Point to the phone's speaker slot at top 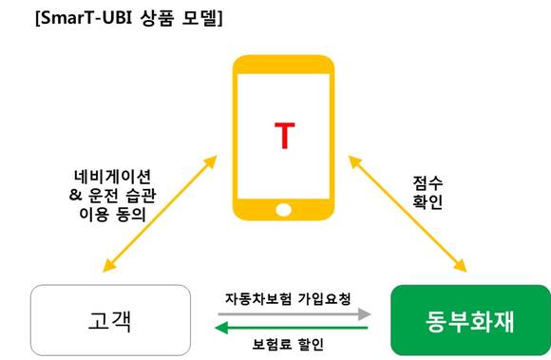tap(284, 66)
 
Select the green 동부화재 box tap(470, 319)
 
